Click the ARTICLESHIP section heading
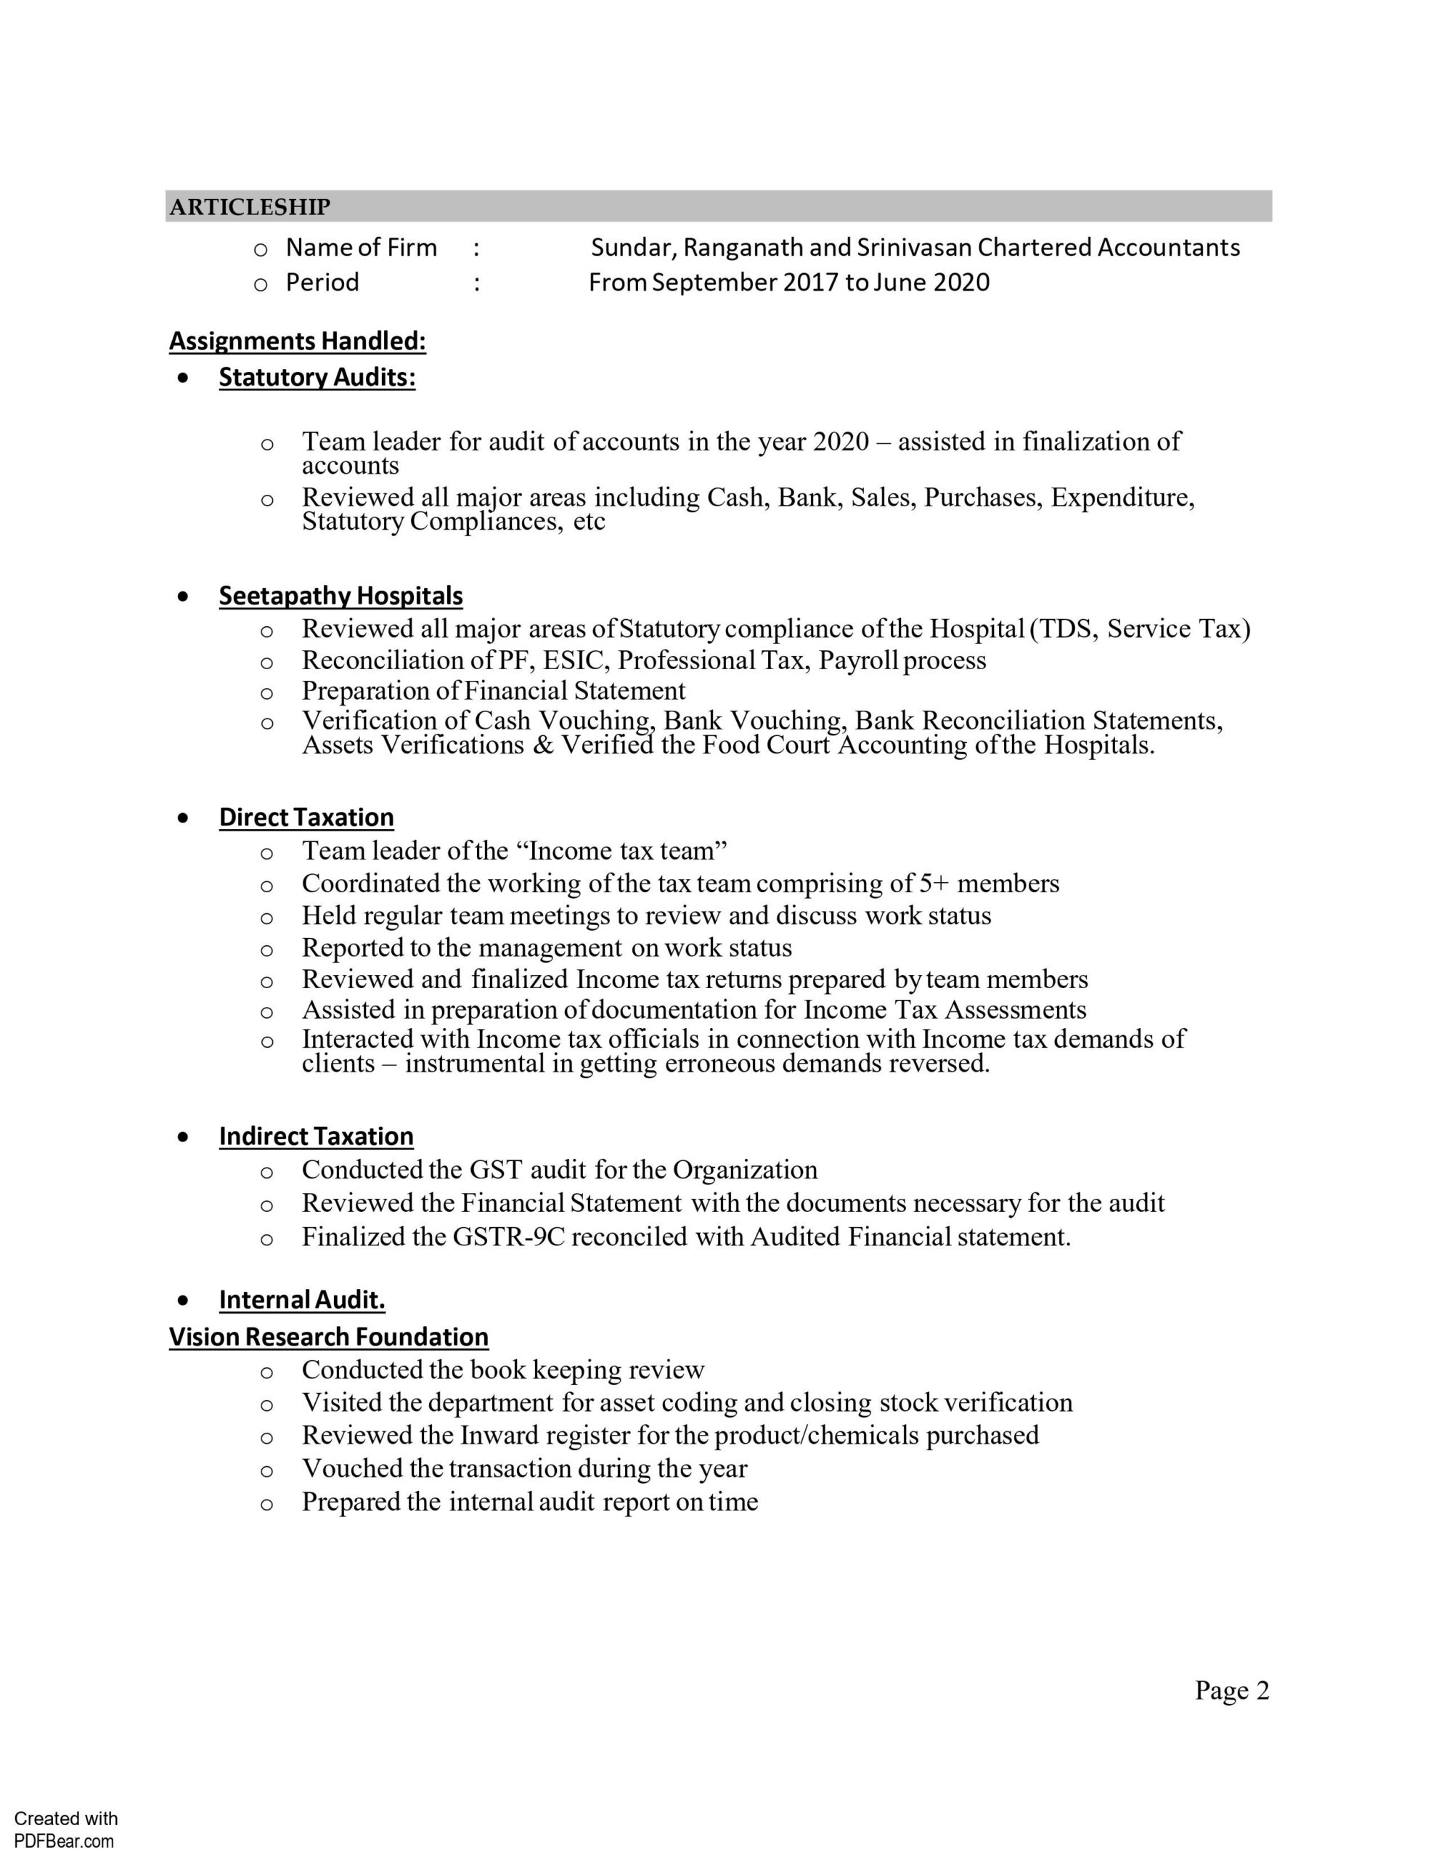coord(250,207)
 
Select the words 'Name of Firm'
coord(361,248)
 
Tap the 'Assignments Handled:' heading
coord(297,341)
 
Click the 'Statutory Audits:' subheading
coord(317,377)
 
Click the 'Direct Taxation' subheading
coord(306,817)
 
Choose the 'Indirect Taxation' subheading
coord(316,1136)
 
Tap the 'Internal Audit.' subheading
coord(302,1300)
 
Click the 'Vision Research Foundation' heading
coord(329,1337)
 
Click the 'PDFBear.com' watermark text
coord(64,1841)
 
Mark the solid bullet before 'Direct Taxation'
coord(183,817)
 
